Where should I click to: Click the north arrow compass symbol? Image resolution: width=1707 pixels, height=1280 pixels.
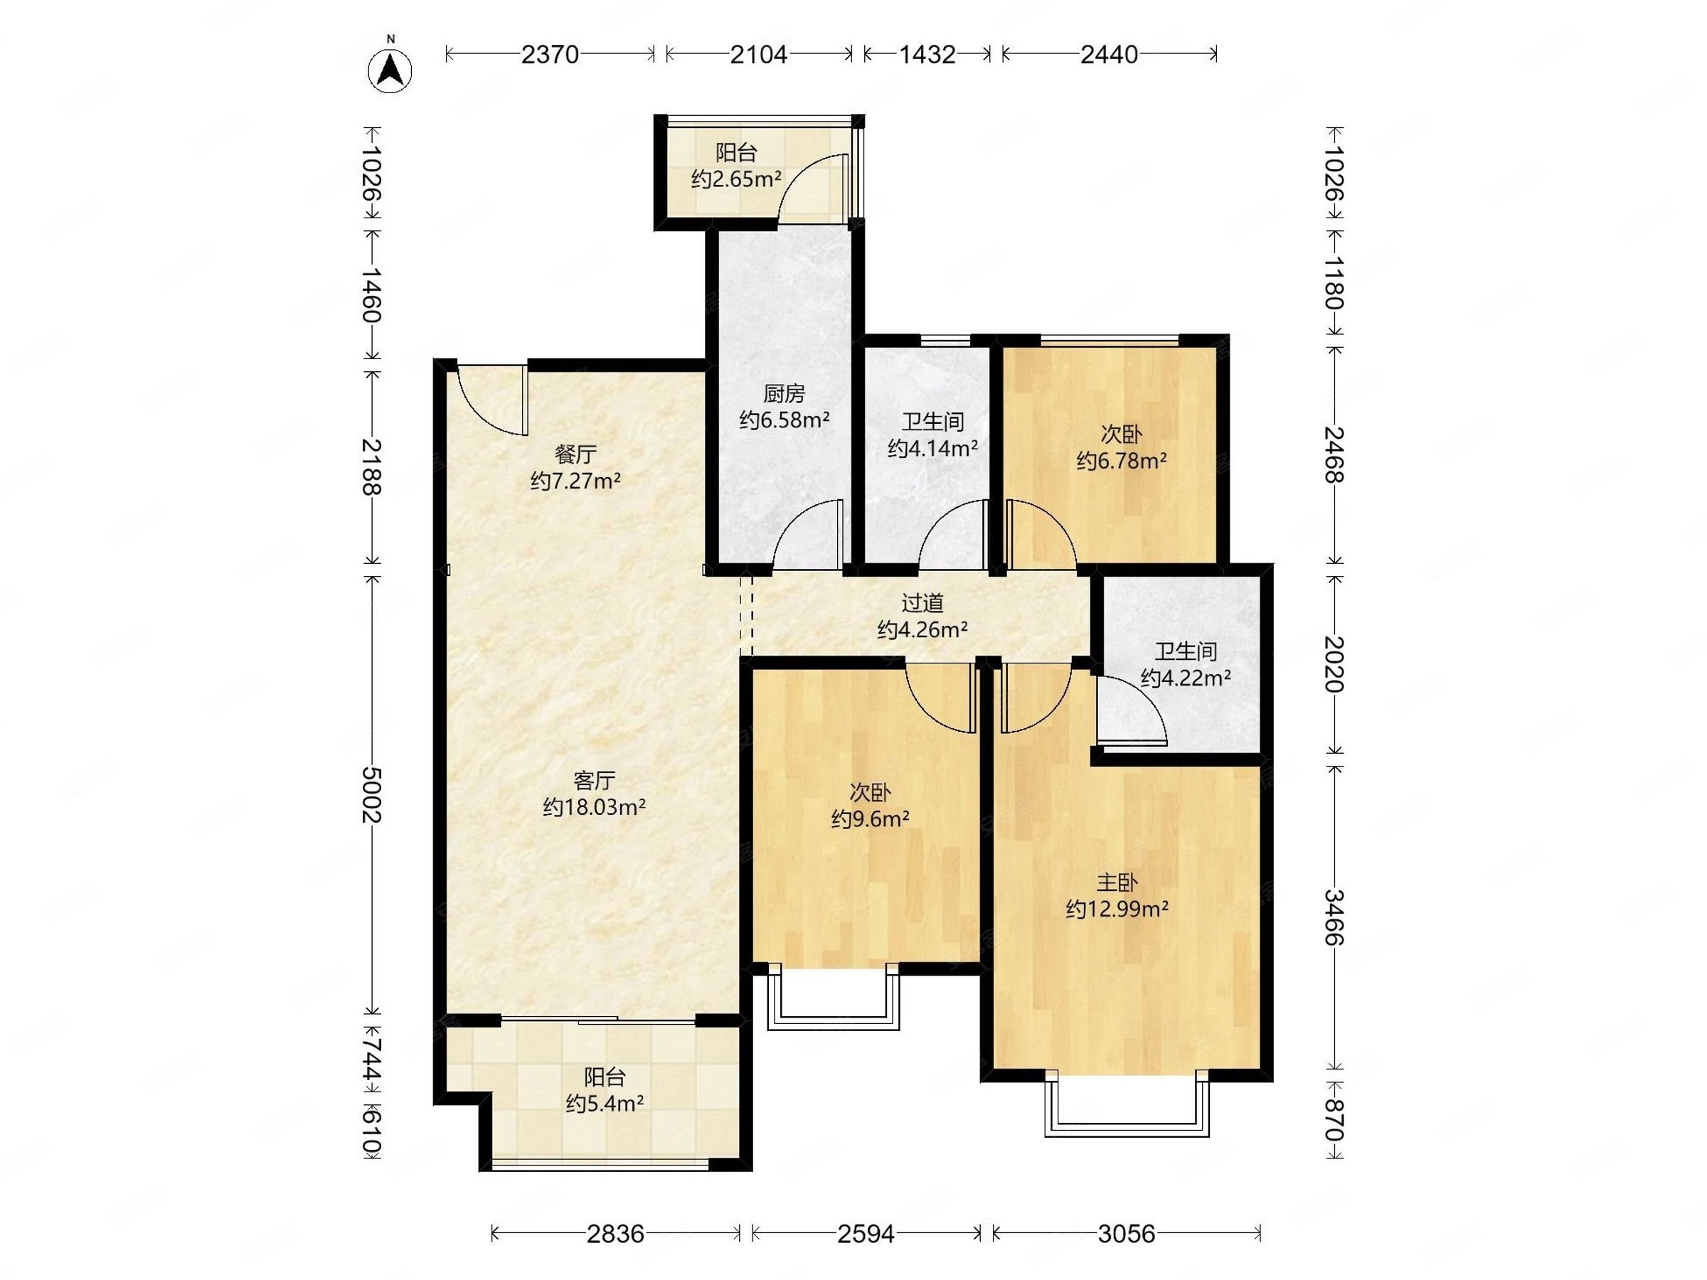(390, 71)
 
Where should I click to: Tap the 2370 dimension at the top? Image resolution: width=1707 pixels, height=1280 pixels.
(550, 54)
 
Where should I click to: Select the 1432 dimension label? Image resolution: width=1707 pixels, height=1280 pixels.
(927, 54)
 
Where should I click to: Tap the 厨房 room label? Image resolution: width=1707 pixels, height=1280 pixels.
(784, 394)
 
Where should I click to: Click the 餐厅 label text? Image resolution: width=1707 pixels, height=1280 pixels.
(575, 454)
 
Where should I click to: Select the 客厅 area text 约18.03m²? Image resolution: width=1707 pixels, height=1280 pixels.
(594, 807)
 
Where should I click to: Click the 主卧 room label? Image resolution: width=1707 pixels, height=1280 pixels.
(1116, 882)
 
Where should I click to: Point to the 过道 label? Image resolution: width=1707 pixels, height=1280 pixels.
(922, 603)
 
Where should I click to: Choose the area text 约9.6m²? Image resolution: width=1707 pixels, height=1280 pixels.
(870, 818)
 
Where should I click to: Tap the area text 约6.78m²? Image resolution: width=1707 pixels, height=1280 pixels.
(1121, 461)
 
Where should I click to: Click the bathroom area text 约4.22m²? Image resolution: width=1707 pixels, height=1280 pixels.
(1186, 678)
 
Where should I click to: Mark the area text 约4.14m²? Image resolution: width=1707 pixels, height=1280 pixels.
(933, 448)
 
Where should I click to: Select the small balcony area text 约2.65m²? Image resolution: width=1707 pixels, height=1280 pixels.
(736, 179)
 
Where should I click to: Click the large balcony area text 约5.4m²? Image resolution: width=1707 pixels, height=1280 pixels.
(605, 1104)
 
